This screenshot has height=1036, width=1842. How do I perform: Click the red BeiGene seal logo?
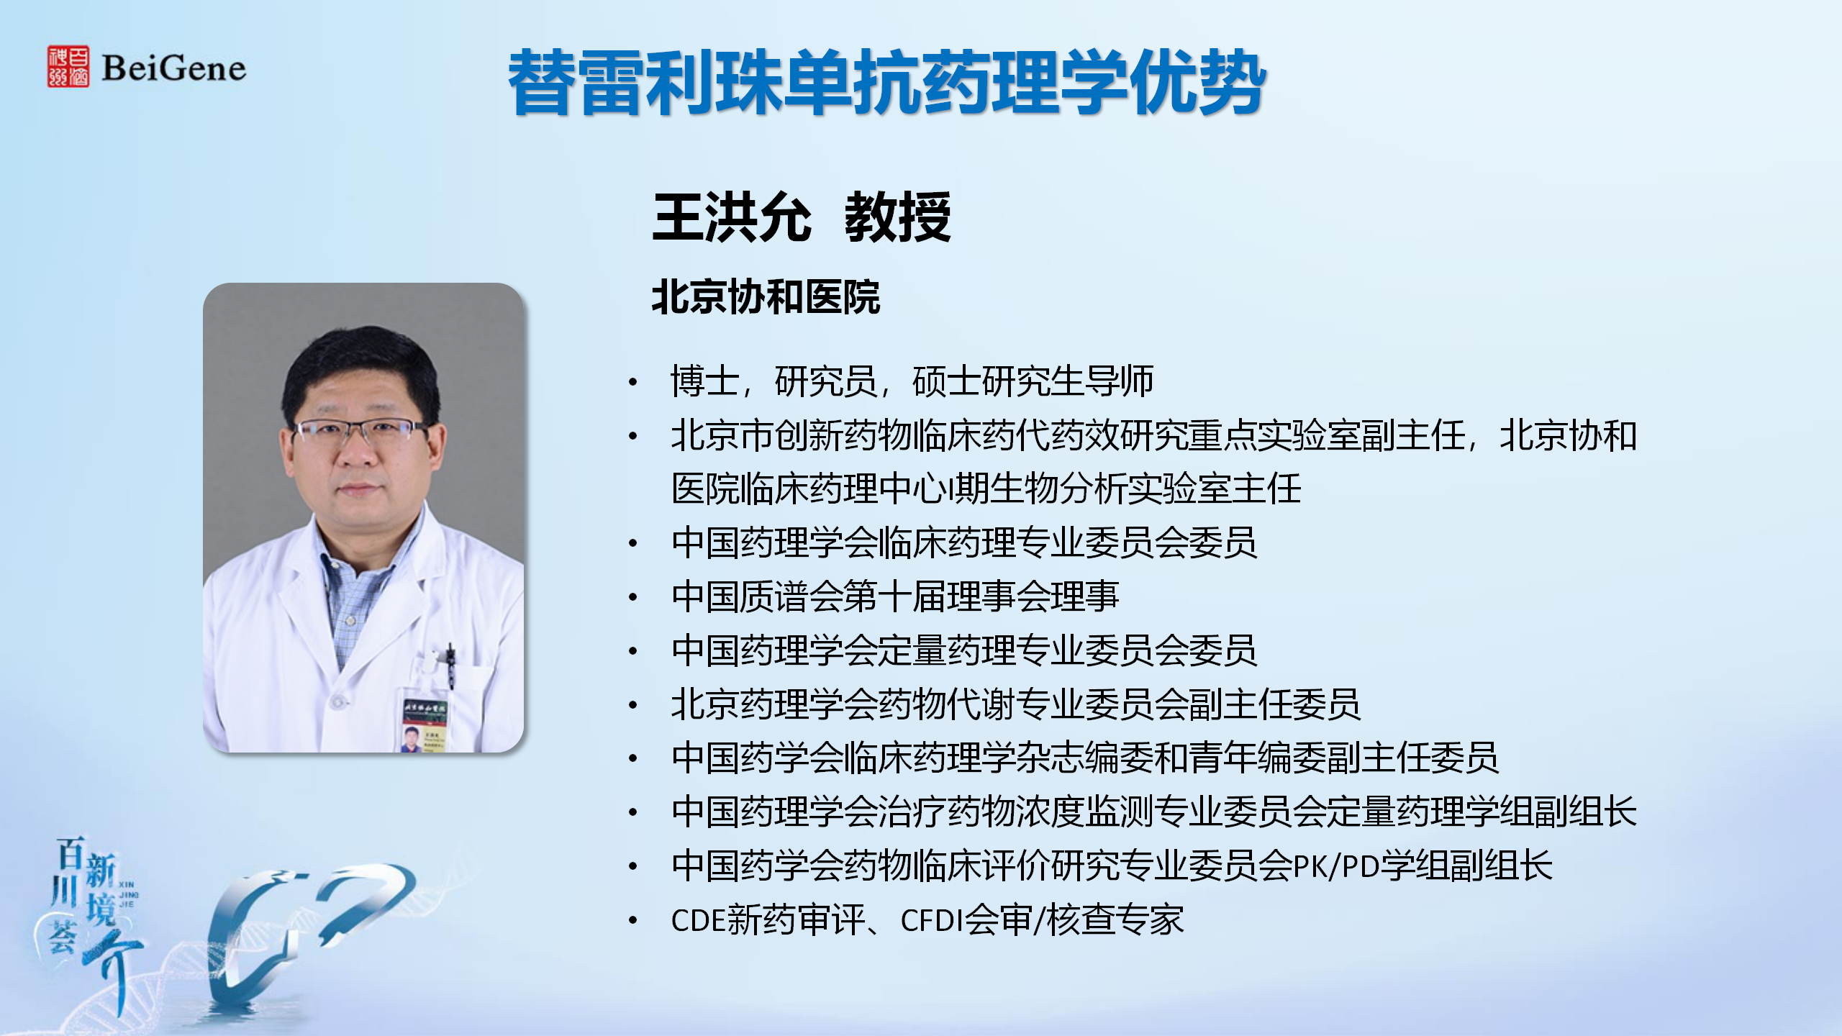[x=68, y=67]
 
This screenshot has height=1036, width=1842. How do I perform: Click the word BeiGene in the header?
[x=173, y=68]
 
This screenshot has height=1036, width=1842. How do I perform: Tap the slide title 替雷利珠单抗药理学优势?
[x=886, y=82]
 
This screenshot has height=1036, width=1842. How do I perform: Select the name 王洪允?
[x=732, y=217]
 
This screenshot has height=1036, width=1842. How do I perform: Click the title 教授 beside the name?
[x=897, y=217]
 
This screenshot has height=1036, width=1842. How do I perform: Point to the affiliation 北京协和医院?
[x=766, y=297]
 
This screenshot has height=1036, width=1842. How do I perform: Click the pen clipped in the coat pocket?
[x=450, y=666]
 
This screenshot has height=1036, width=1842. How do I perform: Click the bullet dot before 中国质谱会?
[x=633, y=597]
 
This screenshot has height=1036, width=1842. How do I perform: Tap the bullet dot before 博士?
[x=633, y=382]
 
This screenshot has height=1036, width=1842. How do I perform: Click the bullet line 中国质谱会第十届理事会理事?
[x=895, y=596]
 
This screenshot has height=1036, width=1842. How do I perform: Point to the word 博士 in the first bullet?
[x=705, y=381]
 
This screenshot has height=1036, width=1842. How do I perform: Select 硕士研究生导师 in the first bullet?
[x=1033, y=381]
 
